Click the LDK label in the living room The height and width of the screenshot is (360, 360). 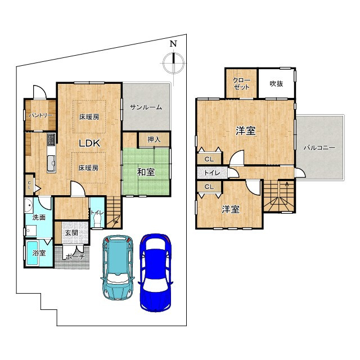pos(89,143)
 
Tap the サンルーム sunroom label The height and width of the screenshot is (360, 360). pos(146,107)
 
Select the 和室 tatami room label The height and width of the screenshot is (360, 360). pos(146,172)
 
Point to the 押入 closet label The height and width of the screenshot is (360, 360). pos(154,139)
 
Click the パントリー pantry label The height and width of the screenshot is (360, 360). pos(40,115)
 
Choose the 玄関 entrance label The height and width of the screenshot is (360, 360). pos(71,233)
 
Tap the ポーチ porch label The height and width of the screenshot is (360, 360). pos(75,257)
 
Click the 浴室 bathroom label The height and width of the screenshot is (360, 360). pos(39,253)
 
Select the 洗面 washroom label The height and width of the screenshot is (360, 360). pos(39,217)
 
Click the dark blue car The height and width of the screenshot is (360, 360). pos(155,272)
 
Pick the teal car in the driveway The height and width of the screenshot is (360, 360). pos(118,268)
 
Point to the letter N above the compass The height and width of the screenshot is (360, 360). pos(173,44)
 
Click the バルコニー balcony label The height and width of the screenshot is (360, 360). pos(319,147)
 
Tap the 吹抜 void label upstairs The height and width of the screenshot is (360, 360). pos(276,84)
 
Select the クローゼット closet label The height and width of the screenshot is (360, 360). pos(241,84)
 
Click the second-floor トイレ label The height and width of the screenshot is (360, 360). pos(212,173)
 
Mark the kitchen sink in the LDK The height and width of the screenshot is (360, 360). pos(51,164)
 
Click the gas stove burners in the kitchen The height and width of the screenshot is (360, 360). pos(51,139)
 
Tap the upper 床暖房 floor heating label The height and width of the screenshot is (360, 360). pos(89,117)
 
